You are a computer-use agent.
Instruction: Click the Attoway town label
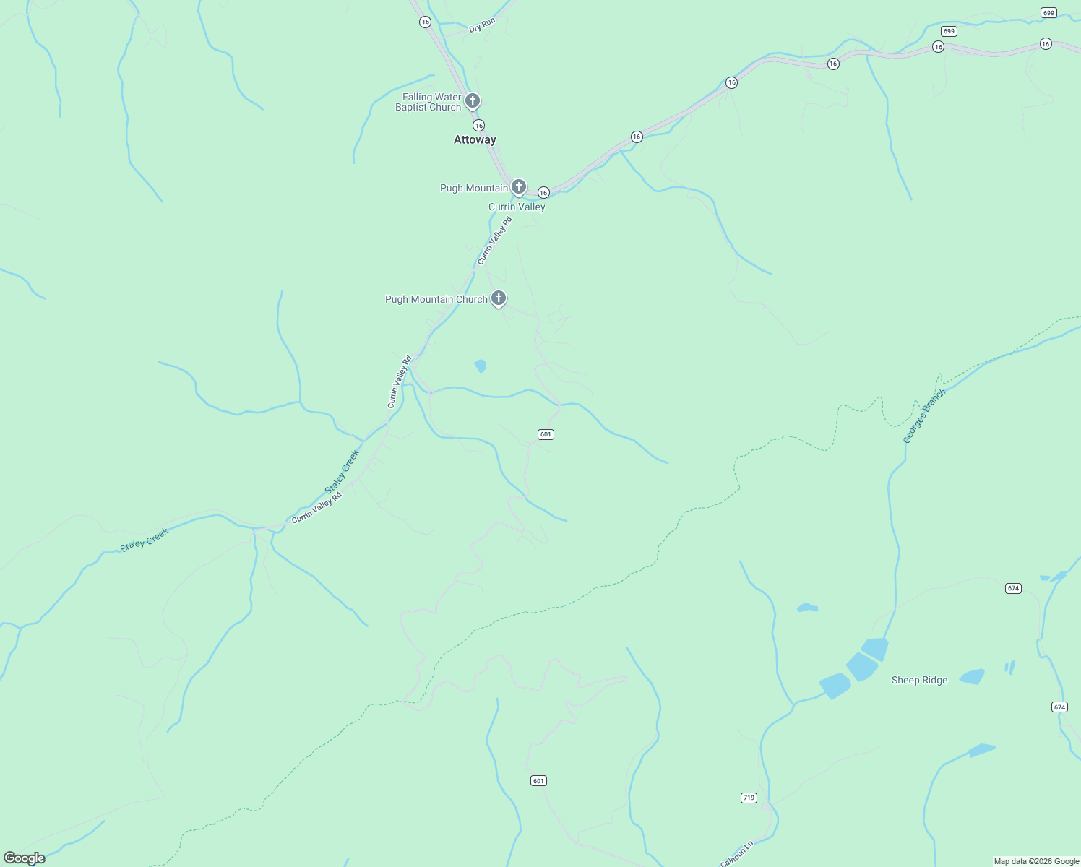tap(475, 139)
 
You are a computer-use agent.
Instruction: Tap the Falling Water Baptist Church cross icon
tap(473, 100)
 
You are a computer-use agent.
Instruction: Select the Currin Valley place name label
tap(517, 207)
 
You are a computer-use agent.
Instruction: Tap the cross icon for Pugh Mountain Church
tap(498, 298)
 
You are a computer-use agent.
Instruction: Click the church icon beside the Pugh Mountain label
tap(518, 187)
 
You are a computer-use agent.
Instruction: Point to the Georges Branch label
tap(923, 417)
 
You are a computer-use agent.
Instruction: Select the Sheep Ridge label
tap(919, 680)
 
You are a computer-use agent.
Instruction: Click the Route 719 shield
tap(749, 798)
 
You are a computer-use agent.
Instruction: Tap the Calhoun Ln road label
tap(737, 853)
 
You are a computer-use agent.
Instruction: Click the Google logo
tap(25, 858)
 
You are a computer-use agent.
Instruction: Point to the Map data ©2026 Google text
tap(1035, 861)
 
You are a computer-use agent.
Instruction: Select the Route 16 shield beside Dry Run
tap(425, 22)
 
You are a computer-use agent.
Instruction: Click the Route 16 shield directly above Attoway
tap(478, 125)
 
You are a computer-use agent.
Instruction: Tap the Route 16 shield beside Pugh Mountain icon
tap(543, 192)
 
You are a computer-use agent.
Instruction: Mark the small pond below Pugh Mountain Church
tap(480, 366)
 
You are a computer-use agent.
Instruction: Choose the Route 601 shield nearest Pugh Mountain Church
tap(546, 434)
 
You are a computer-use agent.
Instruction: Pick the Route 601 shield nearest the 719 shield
tap(538, 780)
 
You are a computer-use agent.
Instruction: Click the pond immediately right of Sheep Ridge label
tap(972, 677)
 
